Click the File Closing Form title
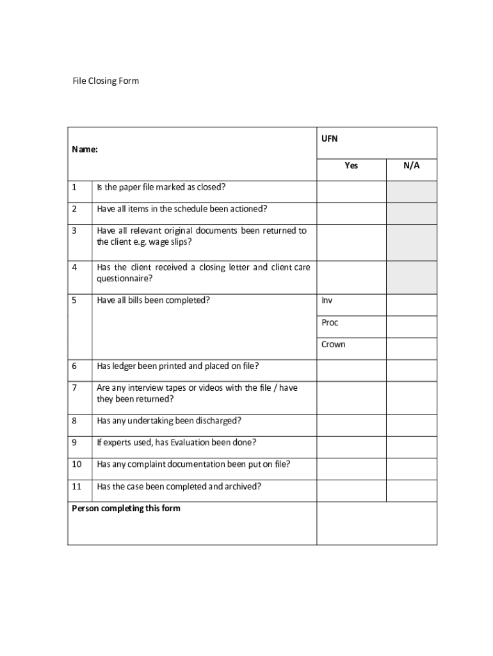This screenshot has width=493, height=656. tap(105, 81)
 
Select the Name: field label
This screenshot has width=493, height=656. tap(85, 149)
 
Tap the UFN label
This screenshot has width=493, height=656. tap(329, 138)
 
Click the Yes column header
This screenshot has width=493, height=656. tap(351, 165)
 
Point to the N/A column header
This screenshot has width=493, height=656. tap(411, 165)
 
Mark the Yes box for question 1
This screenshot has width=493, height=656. tap(351, 192)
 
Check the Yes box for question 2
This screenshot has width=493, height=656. tap(351, 213)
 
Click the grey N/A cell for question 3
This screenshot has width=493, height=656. tap(411, 242)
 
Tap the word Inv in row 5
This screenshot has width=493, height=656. tap(327, 300)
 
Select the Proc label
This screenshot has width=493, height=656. tap(330, 322)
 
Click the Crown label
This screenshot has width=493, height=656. tap(333, 344)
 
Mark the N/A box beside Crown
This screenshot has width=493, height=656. tap(411, 348)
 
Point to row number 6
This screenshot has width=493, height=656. tap(74, 366)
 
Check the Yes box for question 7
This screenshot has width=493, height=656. tap(351, 398)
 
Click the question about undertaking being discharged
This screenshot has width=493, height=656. tap(169, 421)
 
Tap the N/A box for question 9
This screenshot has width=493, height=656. tap(411, 447)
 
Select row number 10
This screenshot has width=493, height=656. tap(76, 464)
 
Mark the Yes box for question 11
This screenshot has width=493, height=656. tap(351, 490)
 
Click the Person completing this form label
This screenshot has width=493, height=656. tap(126, 509)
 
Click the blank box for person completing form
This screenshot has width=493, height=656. tap(376, 523)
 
